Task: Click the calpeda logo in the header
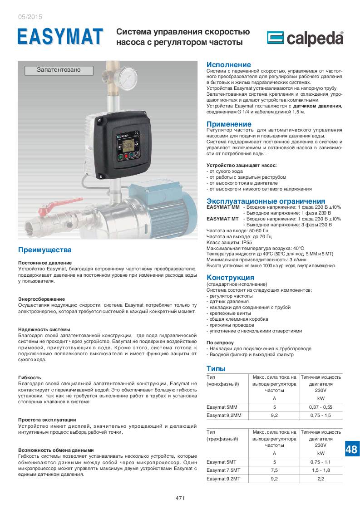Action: click(x=305, y=39)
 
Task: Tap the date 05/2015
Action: click(x=30, y=17)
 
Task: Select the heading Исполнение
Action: click(x=228, y=65)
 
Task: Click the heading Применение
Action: click(x=229, y=124)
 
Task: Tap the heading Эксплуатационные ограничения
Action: click(x=266, y=201)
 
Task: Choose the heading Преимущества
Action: click(x=44, y=250)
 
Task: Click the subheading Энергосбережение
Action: click(x=41, y=299)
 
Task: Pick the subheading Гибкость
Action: click(x=30, y=377)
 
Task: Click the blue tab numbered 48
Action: click(x=351, y=449)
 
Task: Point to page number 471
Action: click(x=180, y=498)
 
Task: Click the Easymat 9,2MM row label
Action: click(x=224, y=415)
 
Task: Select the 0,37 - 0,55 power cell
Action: click(x=321, y=407)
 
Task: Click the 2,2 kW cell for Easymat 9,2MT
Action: click(x=321, y=478)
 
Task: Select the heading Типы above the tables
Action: click(x=216, y=368)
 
